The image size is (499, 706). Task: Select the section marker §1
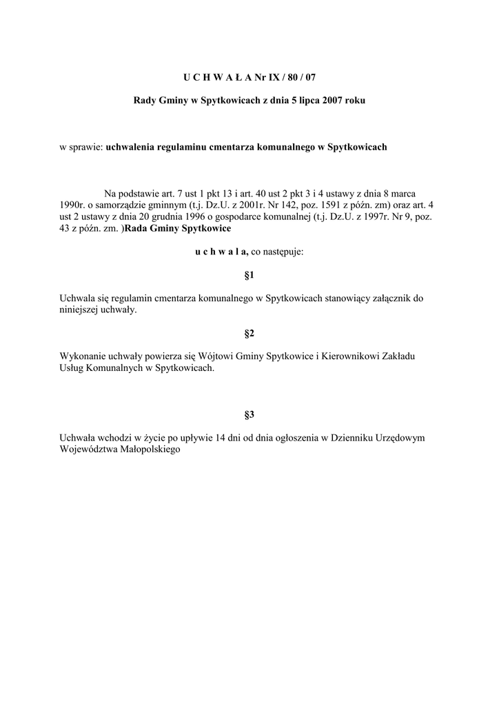pos(250,275)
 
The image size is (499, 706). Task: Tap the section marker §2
pos(250,334)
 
